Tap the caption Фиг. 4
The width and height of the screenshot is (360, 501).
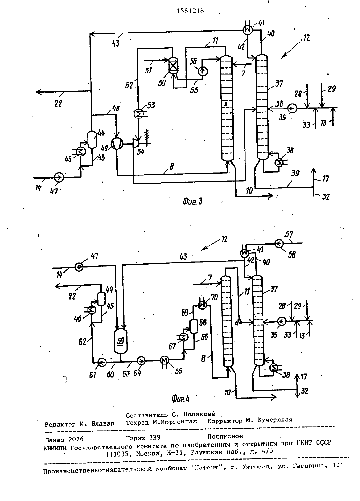tap(181, 399)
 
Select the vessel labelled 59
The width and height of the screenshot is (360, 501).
tap(121, 341)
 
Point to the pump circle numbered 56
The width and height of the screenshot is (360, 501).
tap(203, 71)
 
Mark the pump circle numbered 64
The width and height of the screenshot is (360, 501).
tap(141, 361)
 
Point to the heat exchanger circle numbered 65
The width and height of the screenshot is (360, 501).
tap(164, 360)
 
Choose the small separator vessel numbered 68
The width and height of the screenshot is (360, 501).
tap(194, 326)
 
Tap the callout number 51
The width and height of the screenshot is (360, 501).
tap(148, 71)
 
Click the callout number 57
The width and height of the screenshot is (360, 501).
tap(289, 234)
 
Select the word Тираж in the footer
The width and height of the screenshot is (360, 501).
tap(135, 438)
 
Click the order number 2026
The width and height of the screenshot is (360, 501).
tap(76, 439)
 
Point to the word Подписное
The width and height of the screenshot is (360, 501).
tap(225, 436)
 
